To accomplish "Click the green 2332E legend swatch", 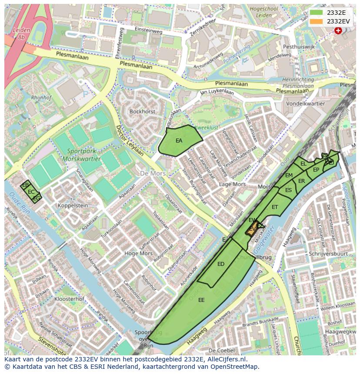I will tap(317, 13).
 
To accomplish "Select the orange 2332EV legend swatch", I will tap(317, 21).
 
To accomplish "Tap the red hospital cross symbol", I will tap(338, 30).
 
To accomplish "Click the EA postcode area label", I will tap(179, 141).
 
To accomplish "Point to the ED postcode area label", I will tap(221, 264).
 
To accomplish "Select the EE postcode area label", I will tap(201, 300).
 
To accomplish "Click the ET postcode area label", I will tap(275, 207).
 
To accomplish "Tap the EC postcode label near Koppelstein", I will tap(31, 192).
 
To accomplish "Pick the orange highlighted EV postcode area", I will tap(252, 229).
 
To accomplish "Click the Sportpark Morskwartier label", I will tap(84, 155).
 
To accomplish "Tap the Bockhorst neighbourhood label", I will tap(142, 112).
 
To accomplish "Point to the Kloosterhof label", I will tap(69, 299).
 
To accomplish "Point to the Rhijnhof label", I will tap(41, 98).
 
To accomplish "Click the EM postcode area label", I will tap(289, 175).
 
